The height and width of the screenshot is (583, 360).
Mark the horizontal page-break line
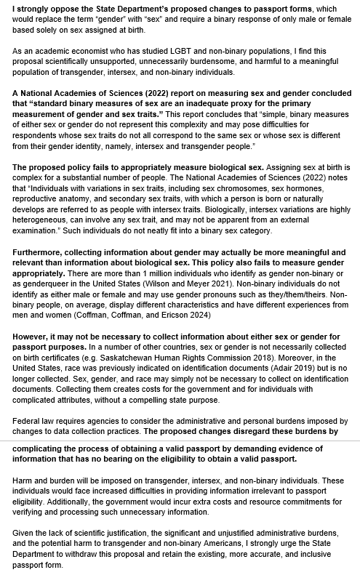(180, 441)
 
